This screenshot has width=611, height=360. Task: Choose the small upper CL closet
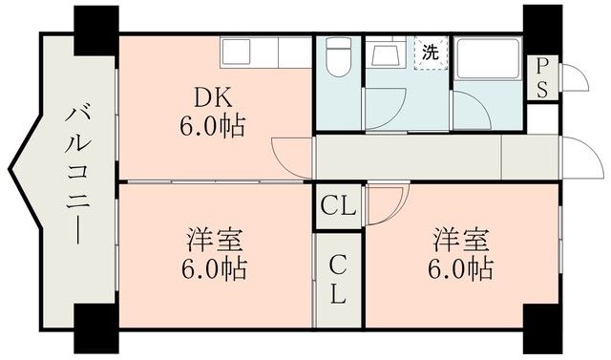click(x=338, y=205)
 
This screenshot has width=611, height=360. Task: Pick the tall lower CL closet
click(x=338, y=278)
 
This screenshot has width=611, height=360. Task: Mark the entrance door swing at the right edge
click(x=577, y=152)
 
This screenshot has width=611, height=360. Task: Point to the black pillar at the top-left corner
click(x=95, y=27)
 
